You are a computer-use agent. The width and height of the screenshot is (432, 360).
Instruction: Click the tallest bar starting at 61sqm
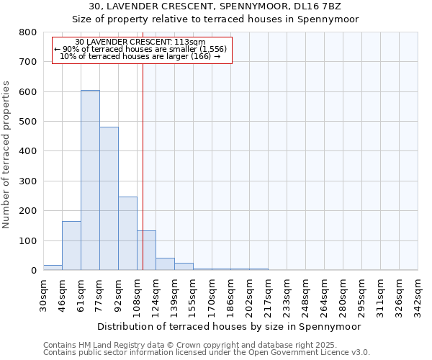coord(90,180)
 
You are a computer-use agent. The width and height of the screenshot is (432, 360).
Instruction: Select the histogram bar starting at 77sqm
coord(109,199)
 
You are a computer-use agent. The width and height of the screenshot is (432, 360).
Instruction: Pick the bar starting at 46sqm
coord(71,246)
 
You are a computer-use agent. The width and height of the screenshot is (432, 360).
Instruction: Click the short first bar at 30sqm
coord(53,267)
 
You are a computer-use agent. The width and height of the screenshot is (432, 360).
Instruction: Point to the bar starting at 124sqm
coord(165,264)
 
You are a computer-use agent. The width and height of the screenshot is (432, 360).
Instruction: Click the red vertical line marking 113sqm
coord(143,158)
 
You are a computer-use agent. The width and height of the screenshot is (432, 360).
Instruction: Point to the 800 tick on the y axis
coord(28,32)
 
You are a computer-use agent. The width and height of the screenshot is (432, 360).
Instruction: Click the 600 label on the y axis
coord(28,92)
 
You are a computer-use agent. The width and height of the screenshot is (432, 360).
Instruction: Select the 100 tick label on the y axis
coord(28,241)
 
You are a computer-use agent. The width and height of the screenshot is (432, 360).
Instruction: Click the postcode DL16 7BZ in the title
coord(315,6)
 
